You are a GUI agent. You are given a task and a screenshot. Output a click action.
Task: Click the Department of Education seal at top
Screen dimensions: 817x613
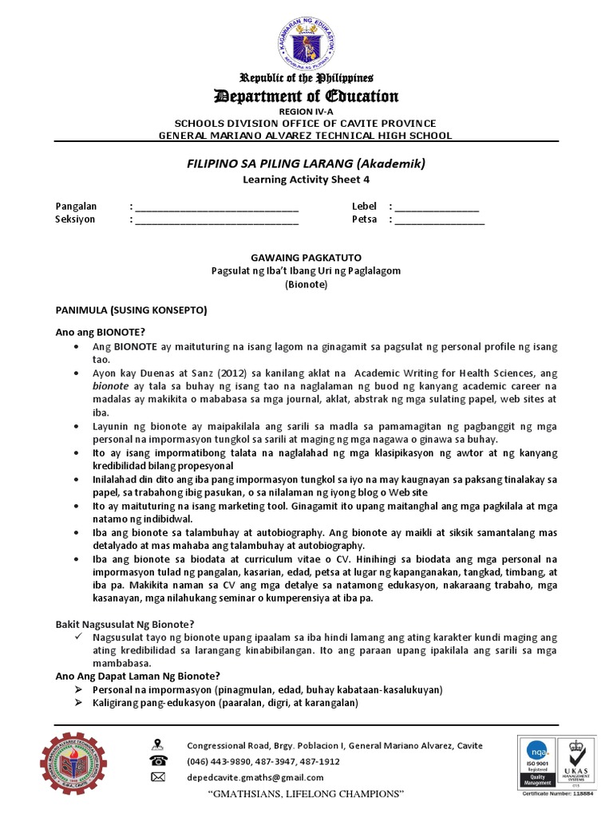tap(307, 37)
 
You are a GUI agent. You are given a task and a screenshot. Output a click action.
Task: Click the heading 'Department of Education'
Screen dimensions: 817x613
tap(306, 97)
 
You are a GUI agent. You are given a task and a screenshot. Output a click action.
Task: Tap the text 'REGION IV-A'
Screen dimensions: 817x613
tap(306, 112)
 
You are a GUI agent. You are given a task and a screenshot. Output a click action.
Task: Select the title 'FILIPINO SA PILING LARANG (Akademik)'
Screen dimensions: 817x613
tap(306, 164)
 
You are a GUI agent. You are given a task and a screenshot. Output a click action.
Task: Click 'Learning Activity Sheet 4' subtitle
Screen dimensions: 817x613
tap(306, 180)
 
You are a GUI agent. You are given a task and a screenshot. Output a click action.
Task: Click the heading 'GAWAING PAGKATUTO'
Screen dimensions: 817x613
tap(306, 258)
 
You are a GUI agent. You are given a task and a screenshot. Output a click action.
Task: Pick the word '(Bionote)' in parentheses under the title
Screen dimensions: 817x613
tap(306, 284)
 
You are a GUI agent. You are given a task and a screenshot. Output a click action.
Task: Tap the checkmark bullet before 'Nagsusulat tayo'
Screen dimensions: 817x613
tap(78, 637)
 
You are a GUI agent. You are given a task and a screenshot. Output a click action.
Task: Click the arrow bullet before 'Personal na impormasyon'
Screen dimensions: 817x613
tap(78, 689)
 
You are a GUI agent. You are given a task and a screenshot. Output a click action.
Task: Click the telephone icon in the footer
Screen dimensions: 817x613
tap(158, 761)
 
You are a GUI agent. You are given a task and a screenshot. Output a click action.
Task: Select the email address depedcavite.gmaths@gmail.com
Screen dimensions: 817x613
tap(255, 777)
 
